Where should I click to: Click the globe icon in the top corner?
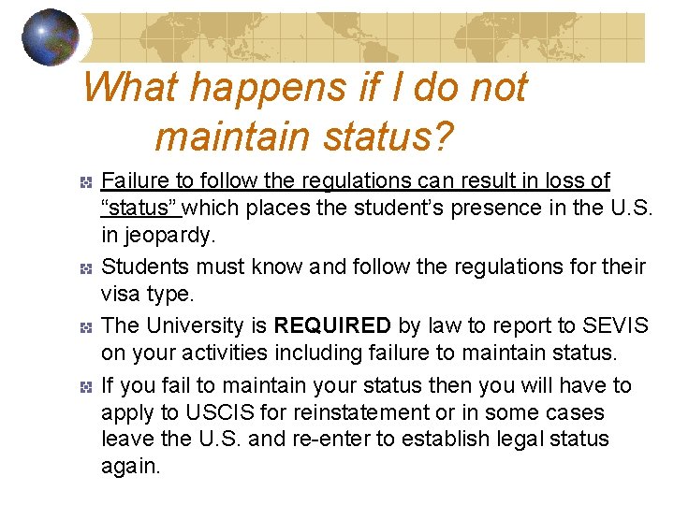coord(51,37)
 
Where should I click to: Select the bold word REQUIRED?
coord(331,325)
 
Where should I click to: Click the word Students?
coord(143,267)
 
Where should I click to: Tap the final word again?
coord(130,466)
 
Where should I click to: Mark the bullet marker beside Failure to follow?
coord(85,181)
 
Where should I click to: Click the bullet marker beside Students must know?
coord(85,268)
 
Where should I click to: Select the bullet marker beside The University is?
coord(85,327)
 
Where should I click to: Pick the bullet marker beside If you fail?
coord(85,386)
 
